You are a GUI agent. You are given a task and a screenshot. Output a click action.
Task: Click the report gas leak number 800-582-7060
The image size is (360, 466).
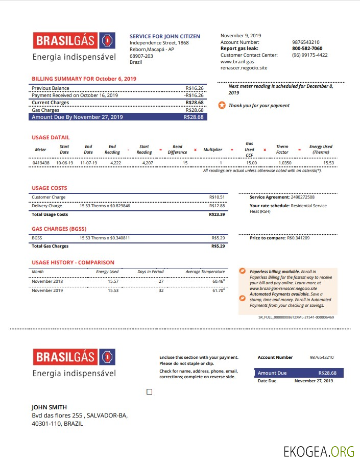coord(307,48)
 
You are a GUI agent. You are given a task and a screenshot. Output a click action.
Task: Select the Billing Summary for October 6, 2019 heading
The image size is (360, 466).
coord(84,79)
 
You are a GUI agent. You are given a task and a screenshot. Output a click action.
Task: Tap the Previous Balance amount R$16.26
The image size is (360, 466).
coord(195,88)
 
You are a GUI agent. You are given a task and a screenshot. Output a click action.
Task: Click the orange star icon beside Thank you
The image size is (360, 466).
coord(222,106)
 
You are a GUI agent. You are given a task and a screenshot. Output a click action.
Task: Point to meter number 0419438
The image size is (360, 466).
coord(41,163)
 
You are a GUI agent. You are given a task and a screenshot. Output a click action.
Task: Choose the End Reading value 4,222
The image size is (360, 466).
coord(115,163)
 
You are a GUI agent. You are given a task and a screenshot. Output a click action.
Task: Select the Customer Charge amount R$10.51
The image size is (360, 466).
coord(217,197)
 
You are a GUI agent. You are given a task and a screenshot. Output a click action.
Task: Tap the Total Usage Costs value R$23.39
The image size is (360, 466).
coord(217,214)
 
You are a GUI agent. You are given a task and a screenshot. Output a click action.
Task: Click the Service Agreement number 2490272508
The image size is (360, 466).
coord(302,197)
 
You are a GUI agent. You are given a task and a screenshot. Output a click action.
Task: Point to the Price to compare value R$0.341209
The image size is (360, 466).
coord(298,238)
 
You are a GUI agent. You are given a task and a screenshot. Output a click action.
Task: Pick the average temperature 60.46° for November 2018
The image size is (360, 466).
coord(218,281)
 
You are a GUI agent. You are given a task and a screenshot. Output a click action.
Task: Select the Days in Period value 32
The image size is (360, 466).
coord(161,290)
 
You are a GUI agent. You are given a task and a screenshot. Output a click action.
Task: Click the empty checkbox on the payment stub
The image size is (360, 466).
coord(149,392)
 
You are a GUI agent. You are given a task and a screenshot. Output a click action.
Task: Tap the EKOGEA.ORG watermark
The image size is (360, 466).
coord(319,451)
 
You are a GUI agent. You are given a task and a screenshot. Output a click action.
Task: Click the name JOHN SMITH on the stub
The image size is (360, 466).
coord(49,407)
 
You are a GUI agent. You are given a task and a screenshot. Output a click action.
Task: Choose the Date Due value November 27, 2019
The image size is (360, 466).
coord(314,381)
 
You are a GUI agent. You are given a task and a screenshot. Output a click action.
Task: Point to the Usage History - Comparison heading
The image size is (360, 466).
coord(73,262)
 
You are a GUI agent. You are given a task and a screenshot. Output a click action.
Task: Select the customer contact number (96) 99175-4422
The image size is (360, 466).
coord(310,55)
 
